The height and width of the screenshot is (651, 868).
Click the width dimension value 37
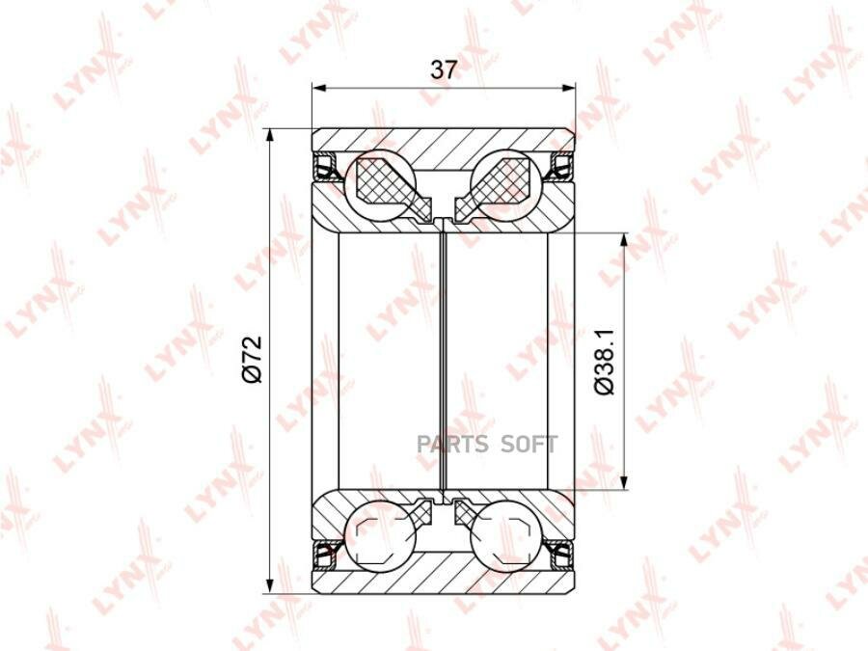pos(444,70)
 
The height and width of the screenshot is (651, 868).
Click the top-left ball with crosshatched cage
pos(380,184)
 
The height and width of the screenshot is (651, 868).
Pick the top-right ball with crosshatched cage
pos(505,184)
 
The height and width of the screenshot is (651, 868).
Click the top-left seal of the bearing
pos(327,167)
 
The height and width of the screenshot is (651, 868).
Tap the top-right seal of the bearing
pos(560,167)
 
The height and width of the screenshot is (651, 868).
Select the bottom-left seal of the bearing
pos(327,555)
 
